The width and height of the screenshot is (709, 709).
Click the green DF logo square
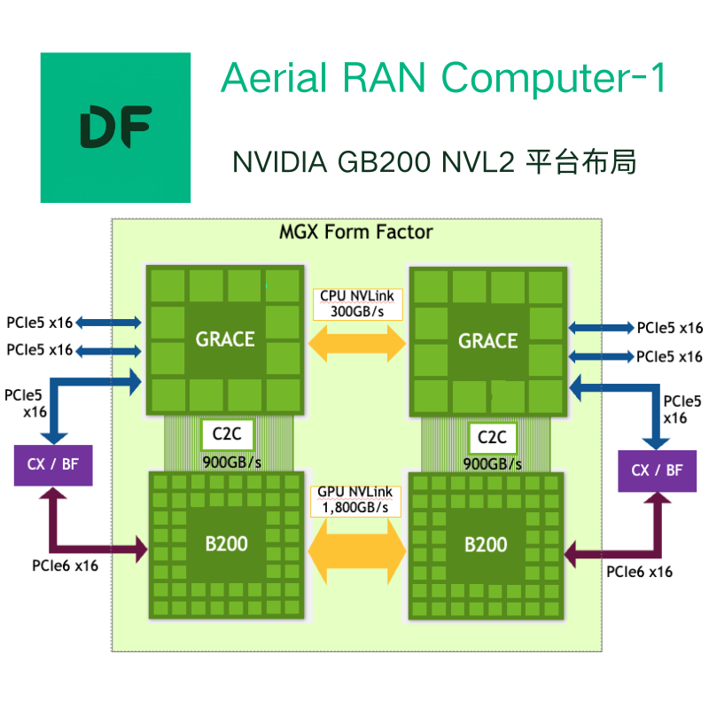[115, 127]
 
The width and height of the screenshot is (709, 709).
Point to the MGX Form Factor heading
[356, 232]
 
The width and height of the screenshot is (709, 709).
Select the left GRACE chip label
[225, 339]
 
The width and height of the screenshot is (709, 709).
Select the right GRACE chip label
[487, 340]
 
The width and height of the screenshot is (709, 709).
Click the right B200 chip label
[486, 543]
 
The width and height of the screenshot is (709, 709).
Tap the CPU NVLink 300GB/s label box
[356, 304]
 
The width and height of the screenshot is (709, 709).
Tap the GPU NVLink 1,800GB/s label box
[355, 500]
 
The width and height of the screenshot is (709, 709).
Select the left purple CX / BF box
[52, 464]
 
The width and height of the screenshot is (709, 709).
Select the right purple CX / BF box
[657, 470]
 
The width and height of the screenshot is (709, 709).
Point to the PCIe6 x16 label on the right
[639, 572]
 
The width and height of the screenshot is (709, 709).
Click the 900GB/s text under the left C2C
[232, 462]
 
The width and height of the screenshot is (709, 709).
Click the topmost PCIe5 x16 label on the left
[39, 322]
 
